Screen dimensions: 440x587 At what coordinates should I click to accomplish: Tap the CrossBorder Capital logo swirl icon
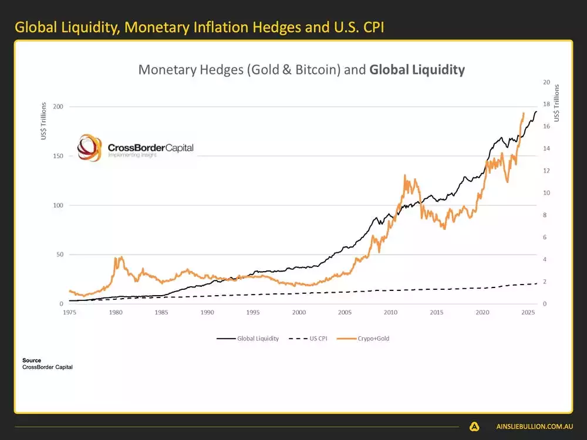91,148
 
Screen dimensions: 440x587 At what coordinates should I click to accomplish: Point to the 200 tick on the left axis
57,107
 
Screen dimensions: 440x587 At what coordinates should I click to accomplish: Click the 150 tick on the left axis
57,156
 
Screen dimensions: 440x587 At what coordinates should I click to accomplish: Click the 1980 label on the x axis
115,312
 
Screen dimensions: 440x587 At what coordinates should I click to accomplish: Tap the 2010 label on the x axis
390,312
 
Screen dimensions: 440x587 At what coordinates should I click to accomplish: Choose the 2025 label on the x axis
528,312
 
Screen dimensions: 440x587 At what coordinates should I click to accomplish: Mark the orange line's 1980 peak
121,257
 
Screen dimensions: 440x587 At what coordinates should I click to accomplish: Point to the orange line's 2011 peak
405,175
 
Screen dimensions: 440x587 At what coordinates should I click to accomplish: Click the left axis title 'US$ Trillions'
43,122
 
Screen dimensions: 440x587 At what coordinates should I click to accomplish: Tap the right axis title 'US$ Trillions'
557,103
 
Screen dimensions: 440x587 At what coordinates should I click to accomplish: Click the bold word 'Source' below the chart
32,360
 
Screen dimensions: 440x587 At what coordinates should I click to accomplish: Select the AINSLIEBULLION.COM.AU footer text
530,427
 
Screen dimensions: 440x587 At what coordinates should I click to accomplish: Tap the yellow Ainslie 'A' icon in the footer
474,427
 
